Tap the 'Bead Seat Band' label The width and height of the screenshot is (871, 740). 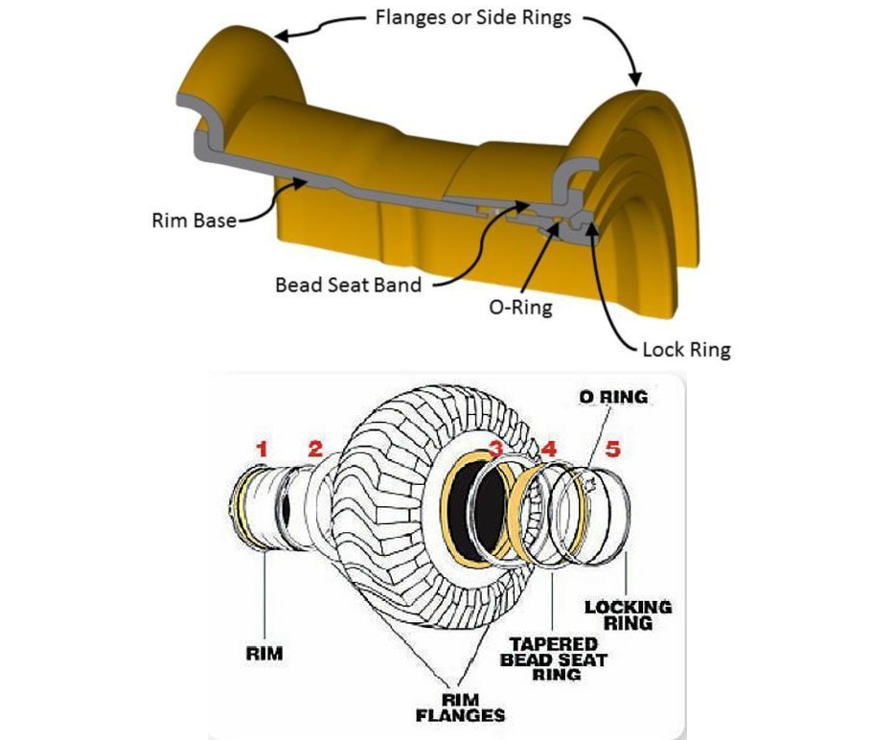point(348,285)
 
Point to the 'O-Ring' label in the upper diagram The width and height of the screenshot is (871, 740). point(522,309)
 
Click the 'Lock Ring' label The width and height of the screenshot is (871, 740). point(686,349)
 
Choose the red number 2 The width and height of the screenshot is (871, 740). point(316,449)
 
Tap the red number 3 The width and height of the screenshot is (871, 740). point(495,449)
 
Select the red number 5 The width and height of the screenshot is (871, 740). point(613,449)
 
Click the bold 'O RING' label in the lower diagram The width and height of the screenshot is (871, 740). point(612,397)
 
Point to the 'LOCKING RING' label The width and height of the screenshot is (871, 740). point(628,614)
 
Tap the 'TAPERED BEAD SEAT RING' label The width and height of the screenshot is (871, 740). point(553,659)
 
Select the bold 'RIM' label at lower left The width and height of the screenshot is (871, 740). point(264,655)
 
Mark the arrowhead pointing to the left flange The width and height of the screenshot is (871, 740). point(281,36)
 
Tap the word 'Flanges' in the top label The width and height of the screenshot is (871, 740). point(408,17)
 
